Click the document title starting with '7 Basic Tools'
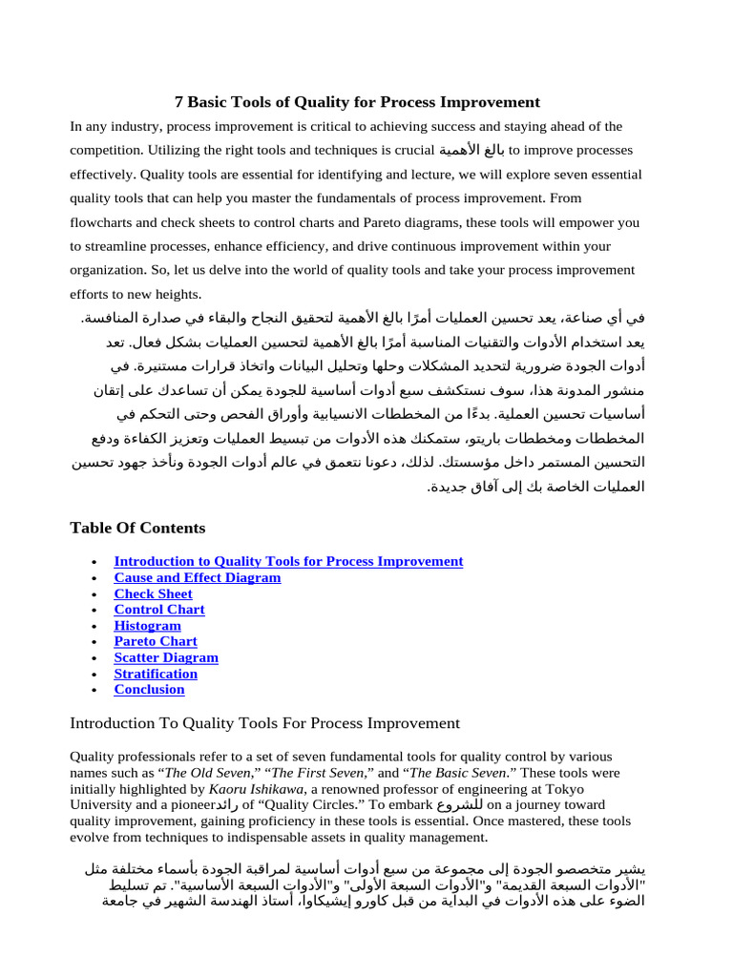(357, 102)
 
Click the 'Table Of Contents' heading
(137, 528)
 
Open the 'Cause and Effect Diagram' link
(198, 577)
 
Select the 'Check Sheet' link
(153, 593)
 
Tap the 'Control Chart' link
(159, 610)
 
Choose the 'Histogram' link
(147, 626)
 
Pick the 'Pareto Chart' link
(156, 641)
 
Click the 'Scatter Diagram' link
(166, 657)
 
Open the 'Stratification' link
(156, 674)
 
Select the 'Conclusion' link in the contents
(149, 689)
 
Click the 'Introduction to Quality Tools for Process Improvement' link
(288, 561)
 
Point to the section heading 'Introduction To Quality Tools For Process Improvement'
(264, 723)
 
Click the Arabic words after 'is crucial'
(471, 151)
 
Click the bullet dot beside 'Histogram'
(92, 626)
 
